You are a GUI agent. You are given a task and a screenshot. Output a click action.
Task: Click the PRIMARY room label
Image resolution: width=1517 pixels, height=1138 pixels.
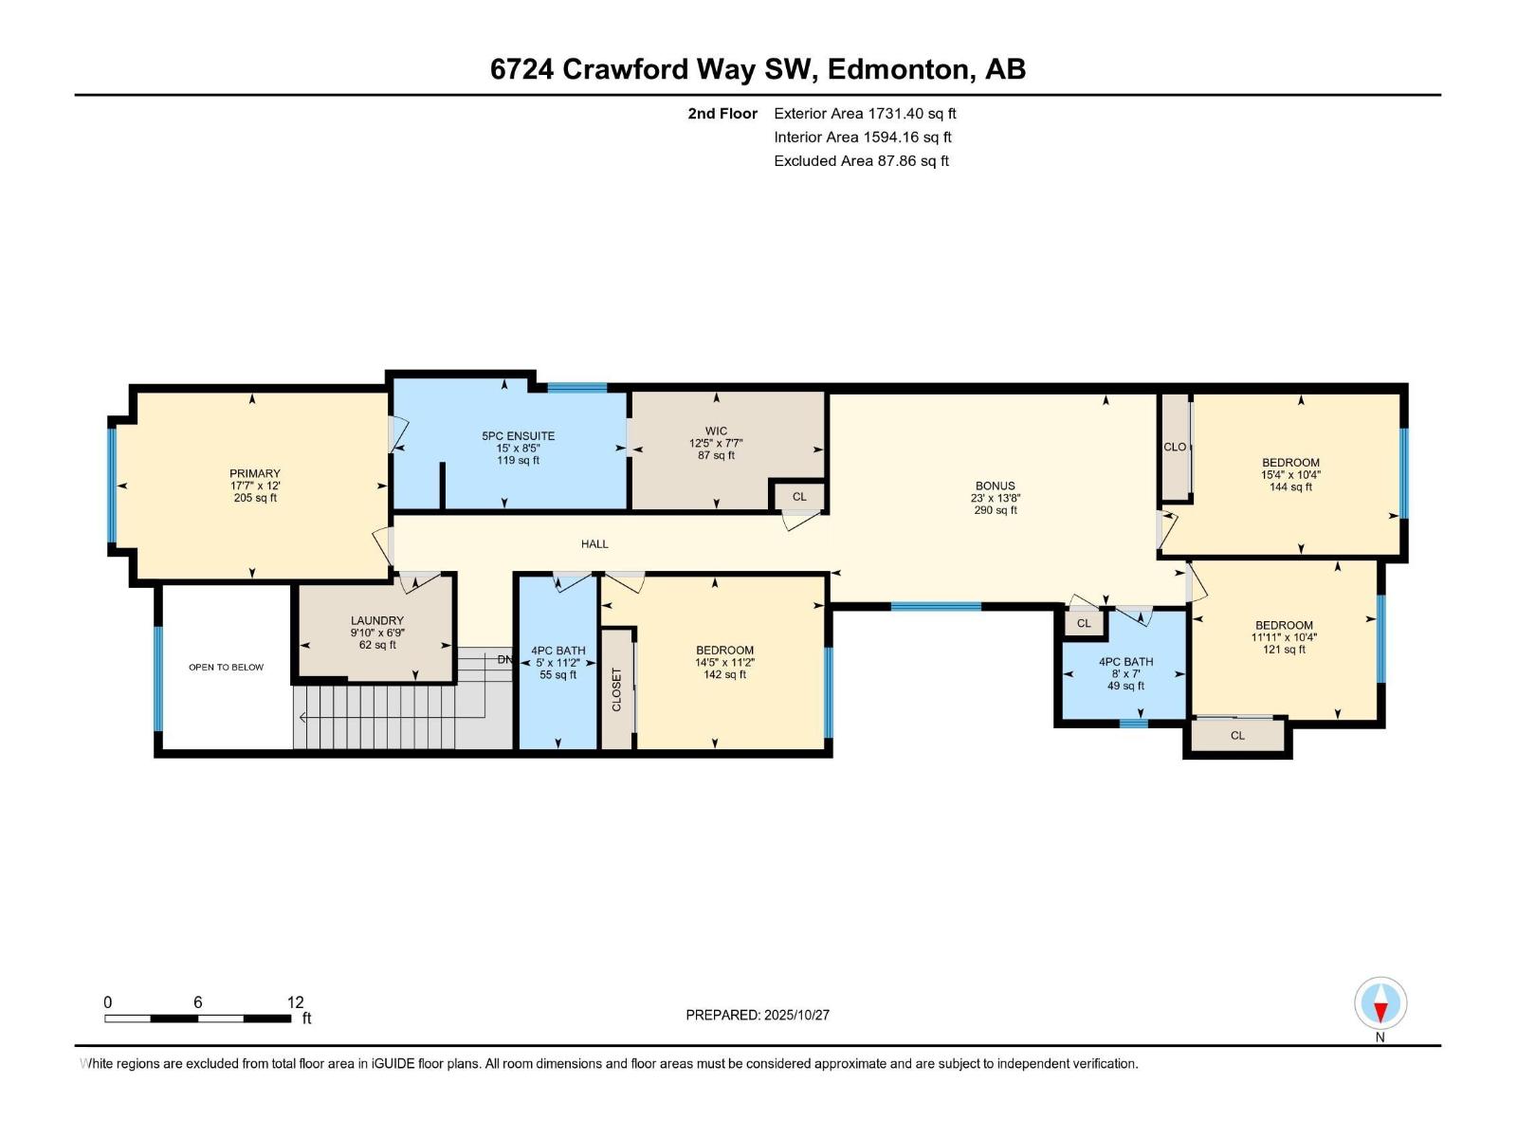[255, 473]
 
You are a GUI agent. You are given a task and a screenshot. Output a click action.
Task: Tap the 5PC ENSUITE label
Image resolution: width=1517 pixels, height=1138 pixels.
[518, 436]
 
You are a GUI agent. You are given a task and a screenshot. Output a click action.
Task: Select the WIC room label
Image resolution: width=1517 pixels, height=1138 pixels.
[716, 431]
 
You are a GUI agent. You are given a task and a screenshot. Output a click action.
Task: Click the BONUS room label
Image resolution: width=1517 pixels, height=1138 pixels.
[995, 486]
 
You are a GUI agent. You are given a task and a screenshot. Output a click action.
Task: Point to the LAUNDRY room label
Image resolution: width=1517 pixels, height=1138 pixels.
[377, 621]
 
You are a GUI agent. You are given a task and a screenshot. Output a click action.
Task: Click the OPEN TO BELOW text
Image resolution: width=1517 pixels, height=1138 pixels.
[226, 668]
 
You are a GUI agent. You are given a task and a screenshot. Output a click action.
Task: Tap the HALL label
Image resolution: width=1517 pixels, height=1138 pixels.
[594, 544]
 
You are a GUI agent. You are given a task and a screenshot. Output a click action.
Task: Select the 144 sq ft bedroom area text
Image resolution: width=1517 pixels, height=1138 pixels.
[1290, 487]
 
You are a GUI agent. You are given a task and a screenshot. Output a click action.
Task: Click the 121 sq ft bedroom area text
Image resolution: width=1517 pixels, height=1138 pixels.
[1284, 650]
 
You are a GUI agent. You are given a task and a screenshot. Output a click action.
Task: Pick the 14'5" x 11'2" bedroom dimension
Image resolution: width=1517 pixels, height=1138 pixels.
[724, 663]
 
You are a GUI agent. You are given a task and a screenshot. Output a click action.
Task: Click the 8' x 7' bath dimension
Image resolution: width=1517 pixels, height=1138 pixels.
[1125, 674]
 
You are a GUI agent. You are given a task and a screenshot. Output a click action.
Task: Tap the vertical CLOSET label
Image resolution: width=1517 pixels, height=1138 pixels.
[616, 689]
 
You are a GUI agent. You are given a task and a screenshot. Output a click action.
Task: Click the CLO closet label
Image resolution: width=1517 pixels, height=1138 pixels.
[1175, 447]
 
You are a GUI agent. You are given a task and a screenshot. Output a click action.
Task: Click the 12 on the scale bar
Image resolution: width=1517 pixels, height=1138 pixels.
[295, 1002]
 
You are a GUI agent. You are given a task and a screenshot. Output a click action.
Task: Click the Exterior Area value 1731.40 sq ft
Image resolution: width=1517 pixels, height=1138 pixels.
[911, 114]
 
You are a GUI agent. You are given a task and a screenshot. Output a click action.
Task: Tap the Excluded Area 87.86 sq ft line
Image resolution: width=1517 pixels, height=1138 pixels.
[861, 161]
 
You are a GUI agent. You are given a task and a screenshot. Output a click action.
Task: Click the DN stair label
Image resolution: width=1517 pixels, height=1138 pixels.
[504, 660]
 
